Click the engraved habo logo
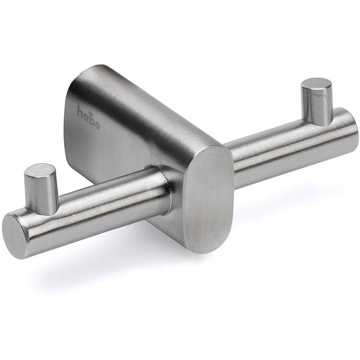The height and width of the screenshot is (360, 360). coord(89,117)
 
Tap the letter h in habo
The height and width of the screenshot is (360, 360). coord(80,112)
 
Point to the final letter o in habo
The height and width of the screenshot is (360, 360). coord(97,126)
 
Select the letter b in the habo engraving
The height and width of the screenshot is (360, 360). coord(91,119)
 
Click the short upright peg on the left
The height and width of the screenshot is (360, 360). coord(41,189)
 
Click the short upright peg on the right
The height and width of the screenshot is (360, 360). coord(316,101)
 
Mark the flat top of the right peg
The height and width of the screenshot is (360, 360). coord(316,84)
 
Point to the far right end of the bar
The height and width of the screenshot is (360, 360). coord(355,129)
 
